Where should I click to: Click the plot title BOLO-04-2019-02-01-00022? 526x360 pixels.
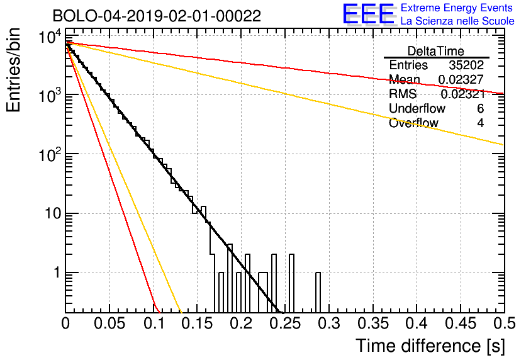pos(157,16)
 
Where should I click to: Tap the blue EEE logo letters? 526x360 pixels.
pos(369,14)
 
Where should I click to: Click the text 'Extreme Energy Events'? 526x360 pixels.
pos(457,8)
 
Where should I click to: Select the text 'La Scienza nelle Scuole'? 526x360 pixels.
pos(457,21)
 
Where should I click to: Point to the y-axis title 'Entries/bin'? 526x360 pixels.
pos(13,70)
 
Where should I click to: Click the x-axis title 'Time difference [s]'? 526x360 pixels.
pos(430,346)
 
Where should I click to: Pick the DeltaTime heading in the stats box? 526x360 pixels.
pos(436,51)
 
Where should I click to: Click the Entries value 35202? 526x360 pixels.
pos(466,65)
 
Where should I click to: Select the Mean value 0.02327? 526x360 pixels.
pos(461,79)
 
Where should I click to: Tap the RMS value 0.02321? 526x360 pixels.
pos(463,94)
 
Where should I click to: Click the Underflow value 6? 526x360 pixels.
pos(480,108)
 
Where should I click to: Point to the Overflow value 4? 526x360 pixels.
pos(480,123)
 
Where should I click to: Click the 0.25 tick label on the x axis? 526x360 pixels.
pos(285,323)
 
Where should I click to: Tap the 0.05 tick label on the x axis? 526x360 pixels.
pos(109,323)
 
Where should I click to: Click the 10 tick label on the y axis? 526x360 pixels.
pos(53,213)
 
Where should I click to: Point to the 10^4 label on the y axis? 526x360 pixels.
pos(50,37)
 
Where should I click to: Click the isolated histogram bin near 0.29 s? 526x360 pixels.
pos(318,293)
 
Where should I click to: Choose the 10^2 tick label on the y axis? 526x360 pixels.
pos(50,155)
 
